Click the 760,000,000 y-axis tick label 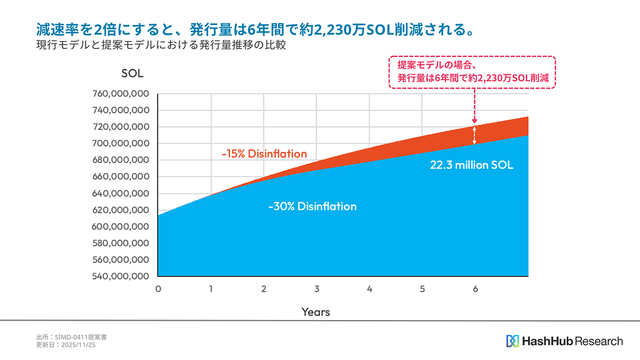click(121, 94)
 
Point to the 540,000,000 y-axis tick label click(121, 276)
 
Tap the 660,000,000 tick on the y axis click(121, 176)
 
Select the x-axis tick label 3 click(317, 289)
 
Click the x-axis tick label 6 click(476, 289)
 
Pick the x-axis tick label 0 click(158, 289)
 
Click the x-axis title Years click(316, 311)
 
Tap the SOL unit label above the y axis click(132, 73)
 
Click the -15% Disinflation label click(264, 154)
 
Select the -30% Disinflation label click(312, 206)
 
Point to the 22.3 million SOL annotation click(472, 166)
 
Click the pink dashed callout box click(472, 72)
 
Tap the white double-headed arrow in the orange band click(474, 134)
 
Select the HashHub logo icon click(512, 341)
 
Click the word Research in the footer click(599, 341)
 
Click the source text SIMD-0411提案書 click(81, 337)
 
